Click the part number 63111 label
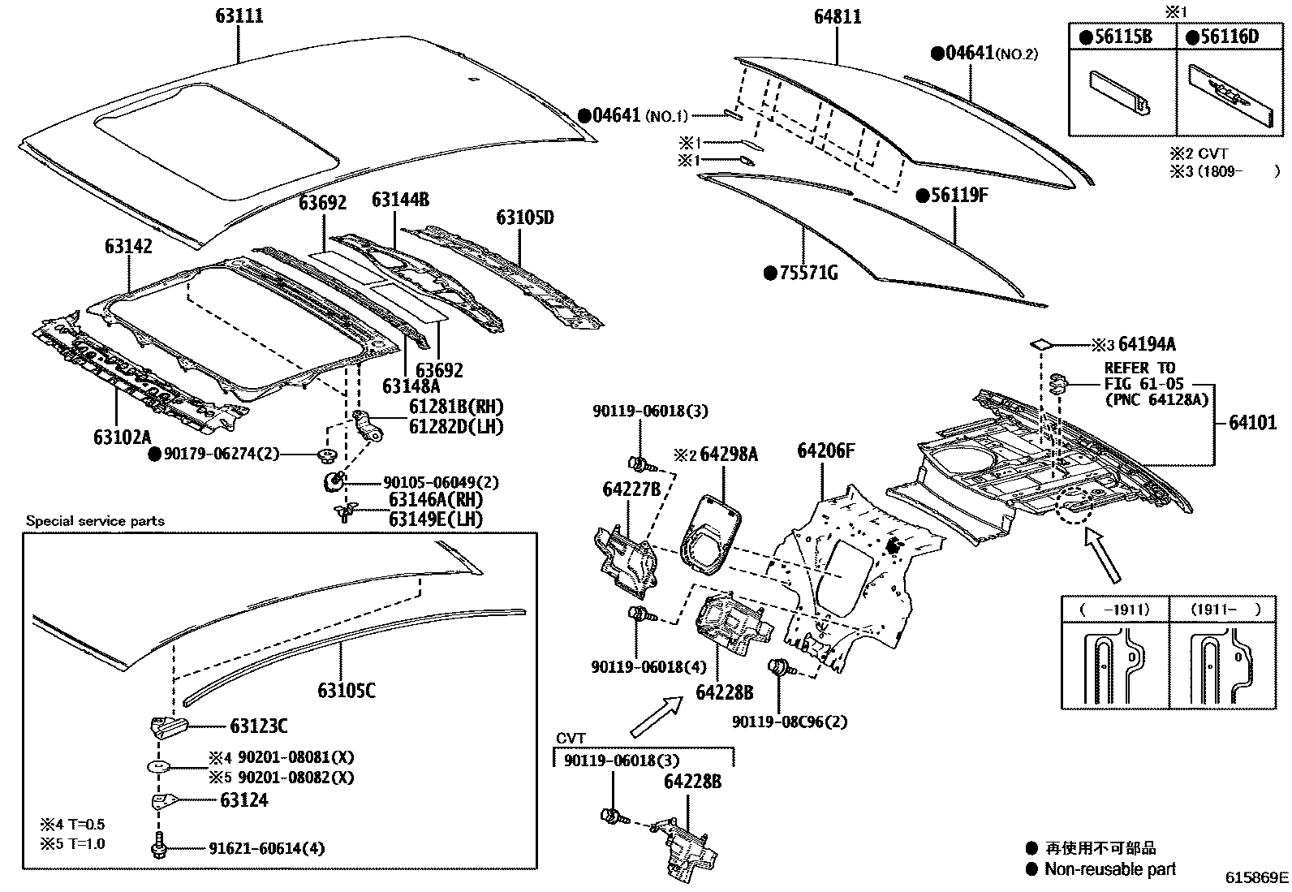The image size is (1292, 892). pyautogui.click(x=239, y=16)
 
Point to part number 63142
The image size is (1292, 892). pyautogui.click(x=127, y=247)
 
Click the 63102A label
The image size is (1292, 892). pyautogui.click(x=122, y=437)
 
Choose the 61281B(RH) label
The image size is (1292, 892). pyautogui.click(x=445, y=407)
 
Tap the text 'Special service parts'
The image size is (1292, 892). pyautogui.click(x=95, y=521)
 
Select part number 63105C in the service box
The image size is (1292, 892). pyautogui.click(x=347, y=691)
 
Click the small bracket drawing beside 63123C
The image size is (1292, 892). pyautogui.click(x=168, y=726)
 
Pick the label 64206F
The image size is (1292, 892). pyautogui.click(x=825, y=451)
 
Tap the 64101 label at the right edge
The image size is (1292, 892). pyautogui.click(x=1251, y=423)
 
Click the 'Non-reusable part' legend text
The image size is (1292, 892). pyautogui.click(x=1109, y=869)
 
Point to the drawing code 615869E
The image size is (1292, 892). pyautogui.click(x=1256, y=877)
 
